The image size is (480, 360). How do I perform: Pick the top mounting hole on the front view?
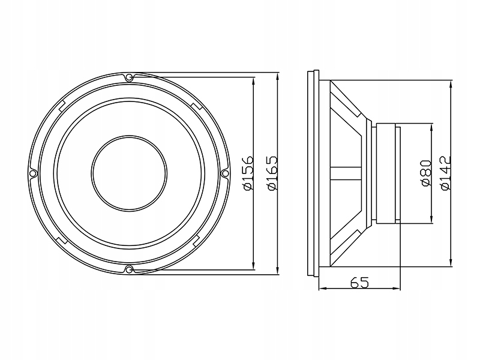tap(128, 77)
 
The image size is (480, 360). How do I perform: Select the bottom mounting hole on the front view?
tap(128, 269)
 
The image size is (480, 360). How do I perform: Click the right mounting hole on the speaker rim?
tap(225, 173)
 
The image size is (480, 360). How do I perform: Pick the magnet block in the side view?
tap(386, 173)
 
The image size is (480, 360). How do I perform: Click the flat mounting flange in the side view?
tap(311, 173)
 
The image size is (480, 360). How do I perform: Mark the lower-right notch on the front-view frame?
tap(195, 242)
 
